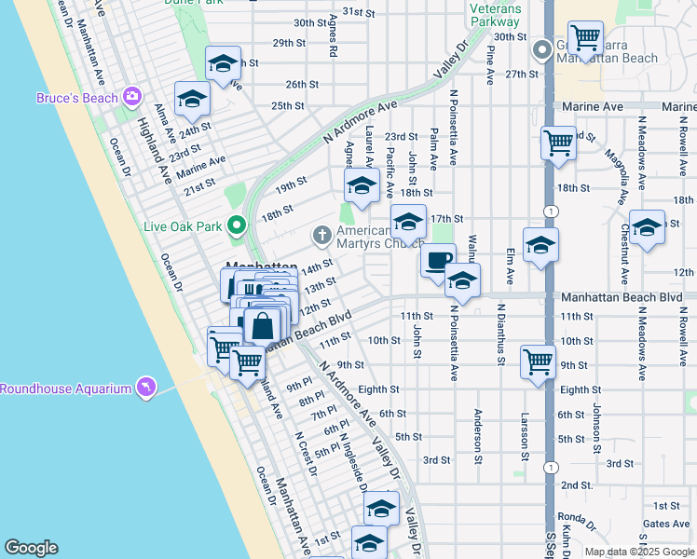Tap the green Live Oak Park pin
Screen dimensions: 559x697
click(237, 225)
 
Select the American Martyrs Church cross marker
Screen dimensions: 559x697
click(322, 235)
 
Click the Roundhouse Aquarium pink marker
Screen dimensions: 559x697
click(145, 388)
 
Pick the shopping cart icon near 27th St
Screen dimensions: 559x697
click(585, 38)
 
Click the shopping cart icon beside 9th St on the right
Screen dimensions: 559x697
click(539, 361)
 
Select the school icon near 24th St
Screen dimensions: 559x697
click(192, 98)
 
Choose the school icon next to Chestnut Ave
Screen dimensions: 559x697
click(647, 226)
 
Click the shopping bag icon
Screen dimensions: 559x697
click(263, 326)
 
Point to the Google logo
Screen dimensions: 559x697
click(32, 548)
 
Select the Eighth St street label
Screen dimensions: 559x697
click(378, 389)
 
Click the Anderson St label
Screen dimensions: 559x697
click(478, 434)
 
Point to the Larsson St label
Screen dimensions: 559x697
click(525, 436)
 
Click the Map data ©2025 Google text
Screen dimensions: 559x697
click(638, 552)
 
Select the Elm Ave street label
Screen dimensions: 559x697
click(510, 266)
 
